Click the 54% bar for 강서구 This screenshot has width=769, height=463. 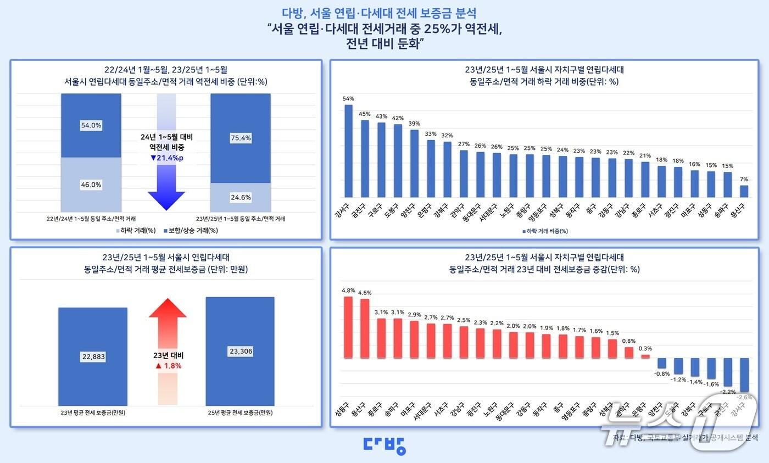[348, 151]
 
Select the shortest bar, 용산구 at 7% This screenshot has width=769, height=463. [744, 191]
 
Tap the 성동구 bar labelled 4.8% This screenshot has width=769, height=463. [348, 327]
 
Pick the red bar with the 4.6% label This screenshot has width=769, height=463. [365, 328]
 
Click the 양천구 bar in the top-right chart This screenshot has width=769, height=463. [414, 163]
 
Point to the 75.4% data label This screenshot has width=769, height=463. [241, 138]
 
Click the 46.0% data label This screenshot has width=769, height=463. [91, 185]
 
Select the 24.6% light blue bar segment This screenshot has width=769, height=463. [241, 197]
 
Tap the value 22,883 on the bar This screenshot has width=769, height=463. [93, 356]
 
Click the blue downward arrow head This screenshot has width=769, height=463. [166, 200]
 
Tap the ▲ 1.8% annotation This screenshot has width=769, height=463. [168, 365]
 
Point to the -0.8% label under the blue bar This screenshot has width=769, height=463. [661, 373]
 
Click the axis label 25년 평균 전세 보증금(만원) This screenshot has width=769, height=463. [239, 412]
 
